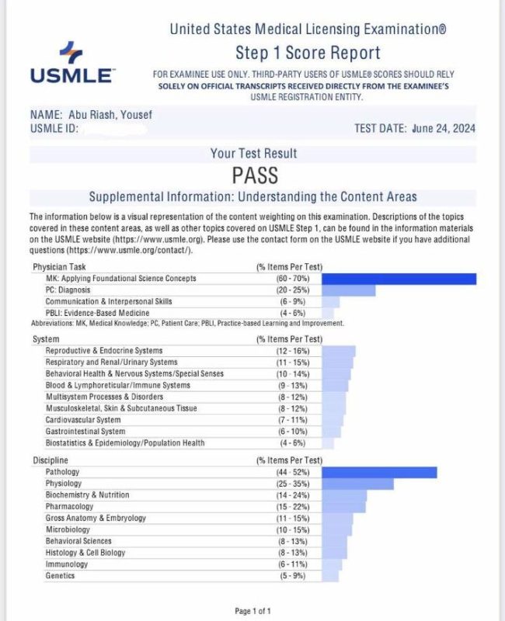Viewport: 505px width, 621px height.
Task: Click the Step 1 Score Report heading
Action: click(x=308, y=53)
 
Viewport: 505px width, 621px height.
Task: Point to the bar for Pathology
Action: click(x=378, y=472)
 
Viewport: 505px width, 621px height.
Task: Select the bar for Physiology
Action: click(x=357, y=484)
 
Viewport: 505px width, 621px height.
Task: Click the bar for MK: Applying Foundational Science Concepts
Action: click(x=398, y=279)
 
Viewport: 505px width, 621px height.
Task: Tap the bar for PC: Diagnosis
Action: click(x=347, y=290)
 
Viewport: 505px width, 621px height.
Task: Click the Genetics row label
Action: click(x=61, y=575)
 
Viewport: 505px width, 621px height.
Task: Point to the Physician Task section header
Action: click(x=61, y=267)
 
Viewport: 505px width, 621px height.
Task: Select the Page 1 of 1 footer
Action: click(x=252, y=611)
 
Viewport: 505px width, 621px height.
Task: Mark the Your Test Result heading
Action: click(x=253, y=154)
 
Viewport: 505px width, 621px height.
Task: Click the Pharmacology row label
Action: click(x=70, y=506)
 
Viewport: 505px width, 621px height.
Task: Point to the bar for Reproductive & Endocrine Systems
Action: click(x=337, y=351)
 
